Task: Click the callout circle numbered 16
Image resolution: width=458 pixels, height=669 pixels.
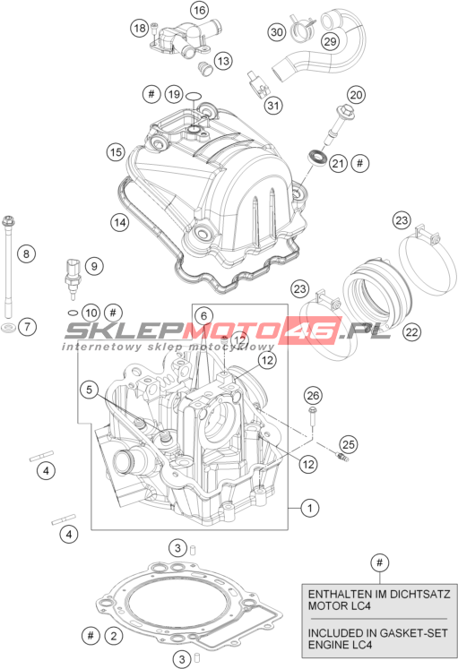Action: (x=199, y=10)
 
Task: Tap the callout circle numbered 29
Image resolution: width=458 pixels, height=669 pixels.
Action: (x=330, y=41)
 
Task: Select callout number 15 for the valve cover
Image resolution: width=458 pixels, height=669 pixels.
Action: (x=116, y=152)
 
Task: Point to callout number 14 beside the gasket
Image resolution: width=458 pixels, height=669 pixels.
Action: (x=120, y=222)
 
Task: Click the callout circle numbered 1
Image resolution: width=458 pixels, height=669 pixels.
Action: (x=310, y=508)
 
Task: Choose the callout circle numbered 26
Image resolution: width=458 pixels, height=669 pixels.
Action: (x=313, y=396)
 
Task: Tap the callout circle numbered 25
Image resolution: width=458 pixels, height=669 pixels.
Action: (x=349, y=444)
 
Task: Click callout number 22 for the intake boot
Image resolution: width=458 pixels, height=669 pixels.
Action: (x=412, y=331)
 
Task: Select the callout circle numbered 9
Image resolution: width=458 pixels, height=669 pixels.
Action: (x=94, y=266)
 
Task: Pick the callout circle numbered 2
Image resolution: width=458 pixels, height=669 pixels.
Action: (x=114, y=636)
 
